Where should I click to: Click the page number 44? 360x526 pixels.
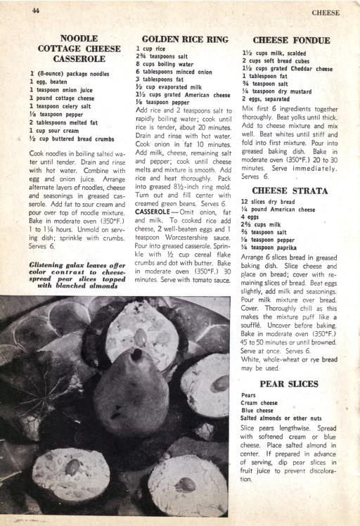pos(35,11)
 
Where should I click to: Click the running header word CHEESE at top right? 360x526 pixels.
pos(326,13)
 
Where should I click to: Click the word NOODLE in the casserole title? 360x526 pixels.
pos(79,38)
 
